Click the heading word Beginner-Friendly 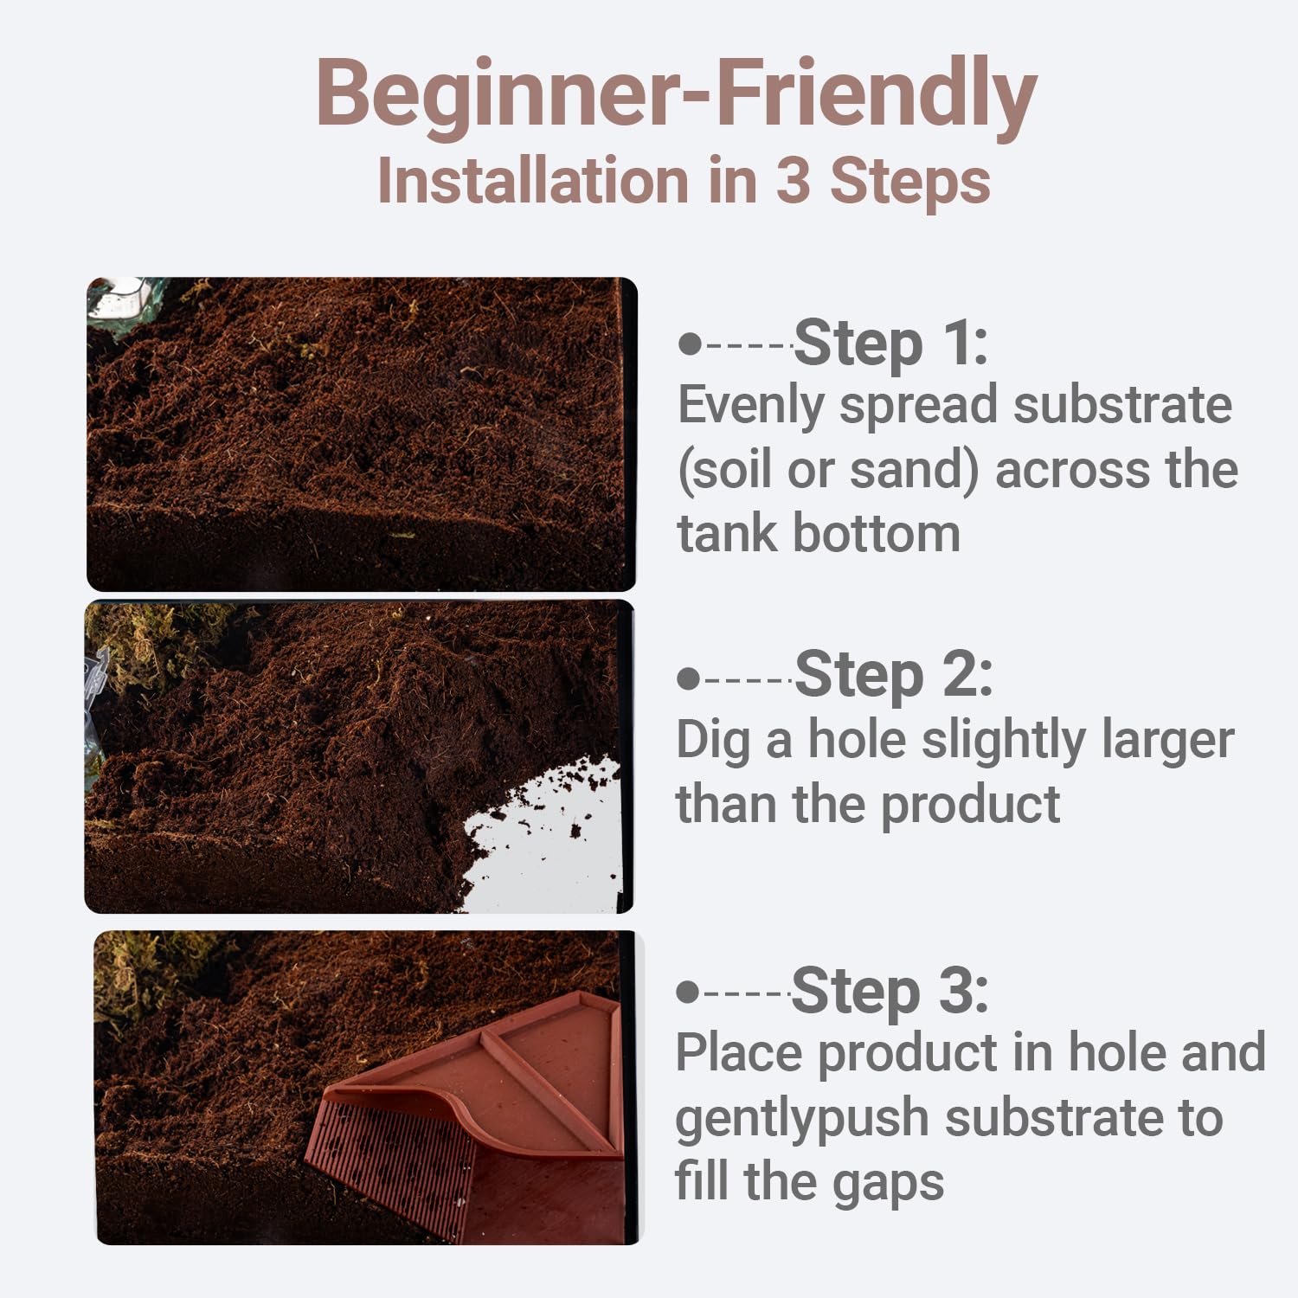point(676,93)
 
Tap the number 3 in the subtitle point(794,181)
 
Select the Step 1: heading point(890,343)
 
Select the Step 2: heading point(893,675)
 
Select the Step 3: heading point(890,990)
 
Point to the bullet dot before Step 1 point(689,344)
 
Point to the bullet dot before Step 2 point(689,678)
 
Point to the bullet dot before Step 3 point(687,992)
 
